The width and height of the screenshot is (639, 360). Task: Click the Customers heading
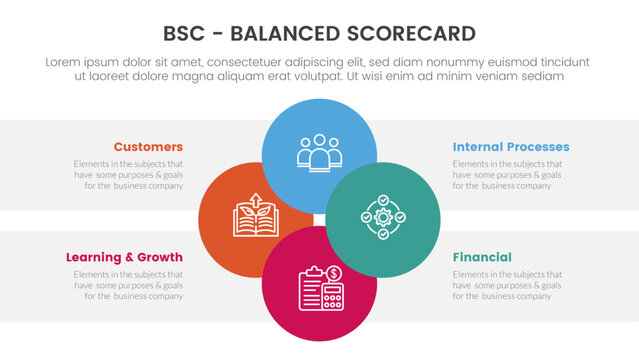click(x=148, y=147)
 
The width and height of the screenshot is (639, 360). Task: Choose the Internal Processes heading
click(x=510, y=147)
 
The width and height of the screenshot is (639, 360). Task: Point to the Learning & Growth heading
click(x=125, y=257)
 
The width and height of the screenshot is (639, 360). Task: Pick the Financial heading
click(x=482, y=257)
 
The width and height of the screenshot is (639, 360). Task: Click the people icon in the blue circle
click(x=319, y=151)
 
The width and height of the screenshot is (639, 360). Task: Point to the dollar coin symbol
click(x=334, y=273)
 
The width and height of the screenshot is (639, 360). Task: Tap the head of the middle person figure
click(x=319, y=141)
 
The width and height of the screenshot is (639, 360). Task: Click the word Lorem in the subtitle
click(x=65, y=62)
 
